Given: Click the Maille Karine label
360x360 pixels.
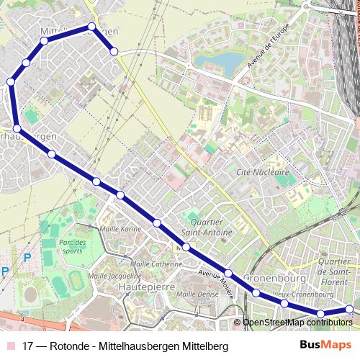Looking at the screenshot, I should pos(121,229).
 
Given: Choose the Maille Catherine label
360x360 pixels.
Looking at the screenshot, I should pos(157,264).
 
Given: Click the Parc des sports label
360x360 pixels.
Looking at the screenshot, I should pos(72,247).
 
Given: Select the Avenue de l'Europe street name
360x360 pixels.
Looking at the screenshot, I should pos(269,45).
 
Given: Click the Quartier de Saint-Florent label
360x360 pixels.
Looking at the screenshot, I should pos(338,271).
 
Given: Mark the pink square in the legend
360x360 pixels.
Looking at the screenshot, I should pos(9,346).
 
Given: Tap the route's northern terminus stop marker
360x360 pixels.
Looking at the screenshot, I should pos(114,51).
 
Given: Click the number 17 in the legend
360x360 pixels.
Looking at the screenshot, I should pos(29,346).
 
